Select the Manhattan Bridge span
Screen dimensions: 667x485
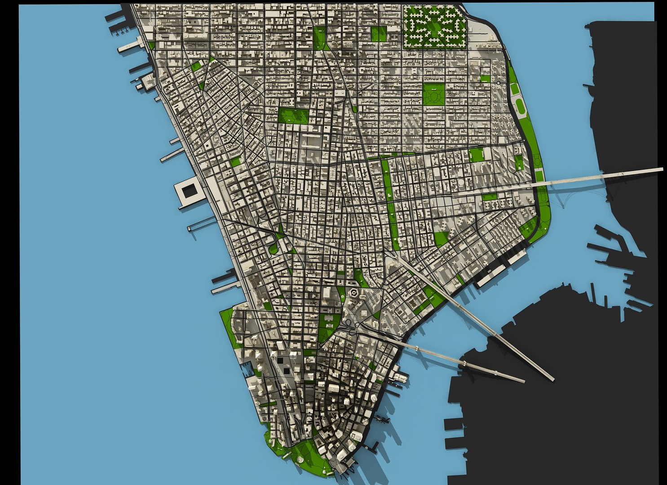pyautogui.click(x=494, y=332)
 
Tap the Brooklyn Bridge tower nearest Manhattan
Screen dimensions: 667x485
pyautogui.click(x=418, y=348)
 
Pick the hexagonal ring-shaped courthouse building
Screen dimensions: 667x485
pyautogui.click(x=353, y=294)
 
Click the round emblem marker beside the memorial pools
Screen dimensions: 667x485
pyautogui.click(x=273, y=357)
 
